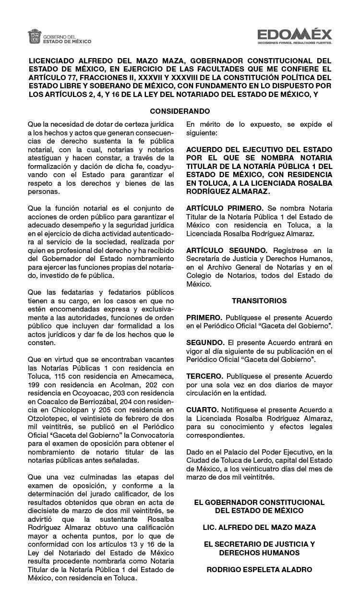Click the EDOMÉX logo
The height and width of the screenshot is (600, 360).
(x=294, y=34)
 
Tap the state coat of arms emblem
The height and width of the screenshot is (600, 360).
(x=35, y=37)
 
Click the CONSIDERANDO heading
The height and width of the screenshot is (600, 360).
(x=180, y=111)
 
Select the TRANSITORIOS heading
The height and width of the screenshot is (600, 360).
(x=259, y=301)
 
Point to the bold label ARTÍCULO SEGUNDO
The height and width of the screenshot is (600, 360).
(x=227, y=251)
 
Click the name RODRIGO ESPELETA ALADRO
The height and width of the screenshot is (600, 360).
(x=259, y=570)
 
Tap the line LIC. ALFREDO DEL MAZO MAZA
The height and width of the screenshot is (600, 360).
(x=259, y=528)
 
